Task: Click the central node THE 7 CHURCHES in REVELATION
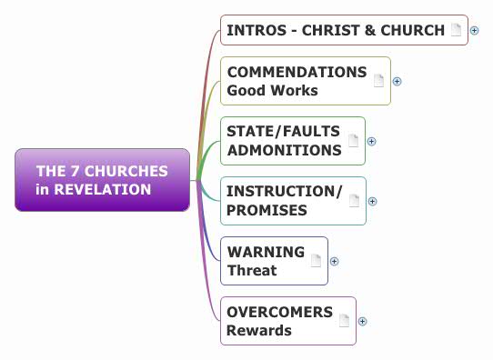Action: [x=102, y=180]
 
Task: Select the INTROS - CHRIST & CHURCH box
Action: [x=335, y=30]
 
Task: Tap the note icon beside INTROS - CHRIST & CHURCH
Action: [x=458, y=30]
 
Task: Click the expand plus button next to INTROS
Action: [x=475, y=30]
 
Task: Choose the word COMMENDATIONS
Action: [x=297, y=72]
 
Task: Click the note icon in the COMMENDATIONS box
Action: [x=378, y=81]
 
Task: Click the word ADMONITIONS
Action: [x=284, y=150]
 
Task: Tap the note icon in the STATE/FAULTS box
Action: [x=353, y=141]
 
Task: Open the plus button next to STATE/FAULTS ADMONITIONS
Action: [x=371, y=141]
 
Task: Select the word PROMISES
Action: [x=267, y=210]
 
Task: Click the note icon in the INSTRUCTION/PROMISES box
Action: [x=354, y=201]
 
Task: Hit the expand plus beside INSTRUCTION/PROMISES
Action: [x=372, y=201]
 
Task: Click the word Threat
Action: [x=252, y=270]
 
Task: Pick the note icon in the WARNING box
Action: [x=316, y=261]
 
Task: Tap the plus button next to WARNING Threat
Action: [x=334, y=261]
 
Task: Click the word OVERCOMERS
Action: [x=279, y=312]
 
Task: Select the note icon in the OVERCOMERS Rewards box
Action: [x=344, y=320]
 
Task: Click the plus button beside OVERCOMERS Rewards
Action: [x=362, y=320]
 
